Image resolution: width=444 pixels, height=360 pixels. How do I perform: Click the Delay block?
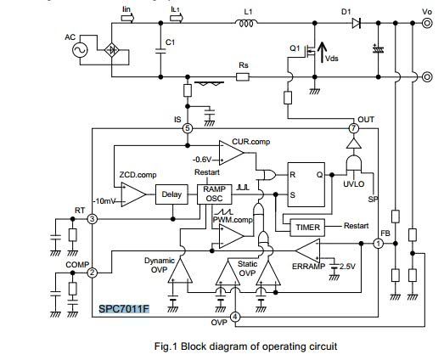click(171, 194)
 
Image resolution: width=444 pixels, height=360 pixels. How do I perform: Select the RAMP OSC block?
click(214, 194)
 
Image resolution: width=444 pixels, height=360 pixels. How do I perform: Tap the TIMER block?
click(307, 228)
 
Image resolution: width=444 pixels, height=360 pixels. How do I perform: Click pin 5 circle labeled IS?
click(187, 128)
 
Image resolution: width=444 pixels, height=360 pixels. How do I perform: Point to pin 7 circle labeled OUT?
click(353, 128)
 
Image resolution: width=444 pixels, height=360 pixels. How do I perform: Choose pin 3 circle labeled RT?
click(93, 219)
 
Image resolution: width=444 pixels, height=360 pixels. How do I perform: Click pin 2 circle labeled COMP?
click(93, 273)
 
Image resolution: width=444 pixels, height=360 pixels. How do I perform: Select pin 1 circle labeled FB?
click(379, 244)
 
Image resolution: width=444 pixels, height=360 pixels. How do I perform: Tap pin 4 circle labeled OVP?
click(235, 317)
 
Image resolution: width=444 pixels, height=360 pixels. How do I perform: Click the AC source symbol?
click(80, 50)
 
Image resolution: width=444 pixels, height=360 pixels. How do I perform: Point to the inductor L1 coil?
click(246, 23)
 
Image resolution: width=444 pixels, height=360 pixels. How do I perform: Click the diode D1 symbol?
click(357, 23)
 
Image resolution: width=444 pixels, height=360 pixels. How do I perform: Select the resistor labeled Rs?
click(243, 76)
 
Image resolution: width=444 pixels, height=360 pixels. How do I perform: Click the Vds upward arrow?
click(322, 53)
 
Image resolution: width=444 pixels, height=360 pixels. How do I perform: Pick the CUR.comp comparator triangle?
click(231, 153)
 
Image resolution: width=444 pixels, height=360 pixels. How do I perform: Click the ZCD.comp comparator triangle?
click(133, 194)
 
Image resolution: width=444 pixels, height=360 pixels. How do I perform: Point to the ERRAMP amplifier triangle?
click(308, 250)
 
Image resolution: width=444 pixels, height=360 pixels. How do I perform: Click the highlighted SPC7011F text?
click(124, 309)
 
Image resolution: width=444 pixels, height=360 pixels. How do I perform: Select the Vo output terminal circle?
click(427, 23)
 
